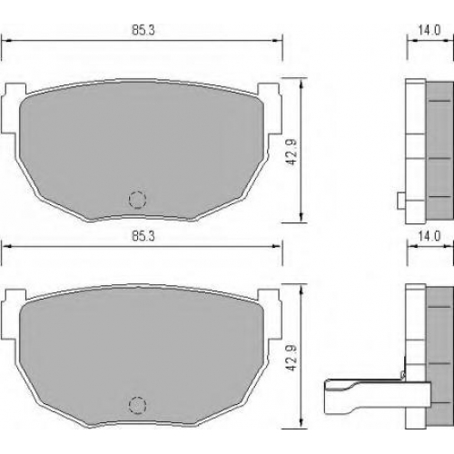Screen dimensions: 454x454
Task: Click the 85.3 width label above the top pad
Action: pyautogui.click(x=143, y=30)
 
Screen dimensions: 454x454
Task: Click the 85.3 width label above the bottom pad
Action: pyautogui.click(x=143, y=236)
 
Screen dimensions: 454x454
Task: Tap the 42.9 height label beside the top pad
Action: pyautogui.click(x=291, y=153)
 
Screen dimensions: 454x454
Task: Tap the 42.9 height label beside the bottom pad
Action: pyautogui.click(x=291, y=358)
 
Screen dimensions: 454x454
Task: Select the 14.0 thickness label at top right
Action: pyautogui.click(x=429, y=30)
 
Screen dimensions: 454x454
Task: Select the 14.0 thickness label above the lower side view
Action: pyautogui.click(x=429, y=236)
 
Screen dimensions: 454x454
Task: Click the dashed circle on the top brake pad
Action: pyautogui.click(x=137, y=200)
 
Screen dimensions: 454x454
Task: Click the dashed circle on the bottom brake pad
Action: pyautogui.click(x=137, y=405)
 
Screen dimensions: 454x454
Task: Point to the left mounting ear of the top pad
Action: pyautogui.click(x=13, y=108)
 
